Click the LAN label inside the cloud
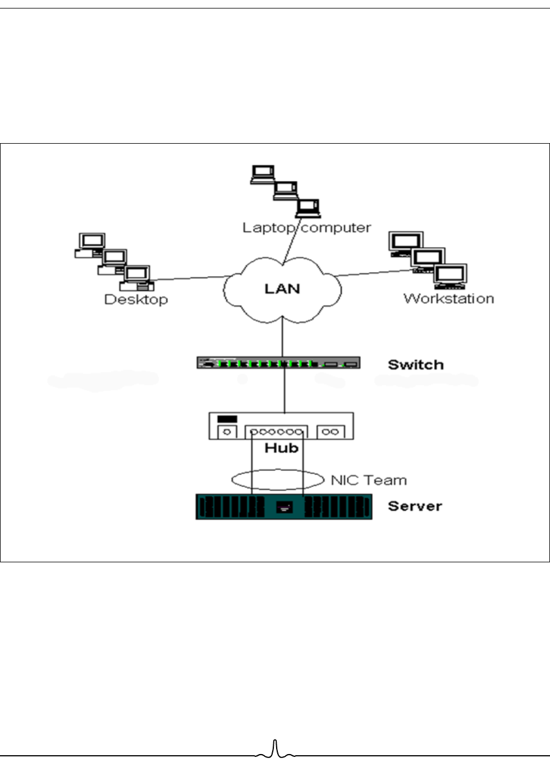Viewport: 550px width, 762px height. point(282,289)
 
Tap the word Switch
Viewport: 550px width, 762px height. point(415,365)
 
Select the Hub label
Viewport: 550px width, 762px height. point(281,448)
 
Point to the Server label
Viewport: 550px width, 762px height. point(415,506)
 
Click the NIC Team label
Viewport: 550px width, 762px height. point(368,480)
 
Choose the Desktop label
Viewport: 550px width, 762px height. point(136,300)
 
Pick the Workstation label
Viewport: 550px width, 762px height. point(449,299)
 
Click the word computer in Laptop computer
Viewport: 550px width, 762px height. point(336,228)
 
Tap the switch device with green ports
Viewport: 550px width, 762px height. point(278,363)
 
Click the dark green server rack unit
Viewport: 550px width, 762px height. point(284,507)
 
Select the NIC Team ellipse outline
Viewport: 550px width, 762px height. point(278,470)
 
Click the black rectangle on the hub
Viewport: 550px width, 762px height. point(227,419)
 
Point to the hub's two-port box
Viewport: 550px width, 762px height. point(330,432)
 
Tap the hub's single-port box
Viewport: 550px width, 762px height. point(227,432)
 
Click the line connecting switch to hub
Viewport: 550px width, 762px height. point(285,391)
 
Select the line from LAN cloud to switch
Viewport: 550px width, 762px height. point(282,337)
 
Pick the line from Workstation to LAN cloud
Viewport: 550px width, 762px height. point(373,273)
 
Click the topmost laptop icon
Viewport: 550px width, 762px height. point(263,174)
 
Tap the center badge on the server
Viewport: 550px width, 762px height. point(284,507)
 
